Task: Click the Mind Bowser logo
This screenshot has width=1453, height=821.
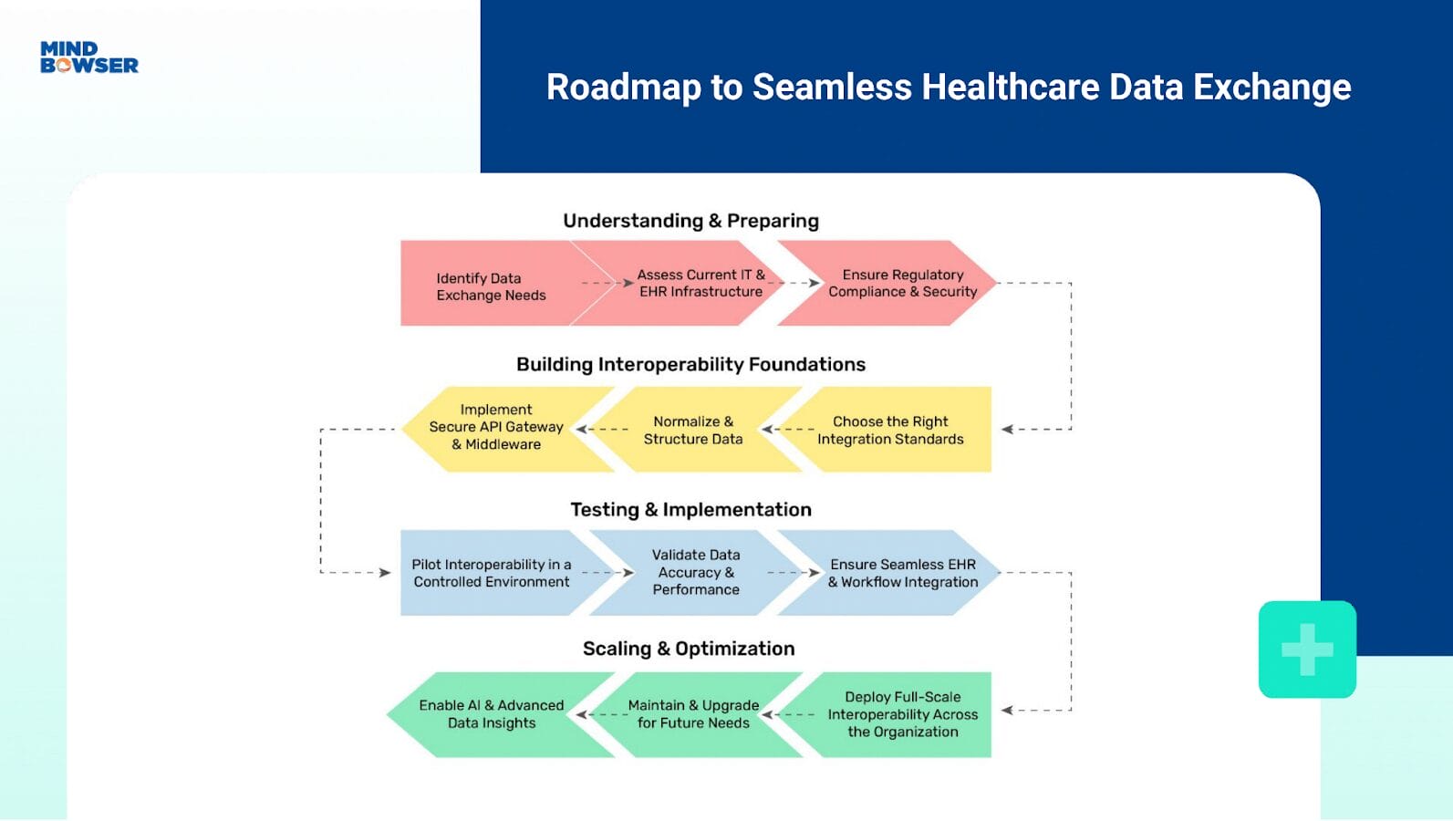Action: (x=89, y=57)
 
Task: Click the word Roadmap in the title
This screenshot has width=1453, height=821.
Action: (x=624, y=88)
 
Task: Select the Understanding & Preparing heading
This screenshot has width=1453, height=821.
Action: (x=690, y=221)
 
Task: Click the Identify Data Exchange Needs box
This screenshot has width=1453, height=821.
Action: (x=491, y=286)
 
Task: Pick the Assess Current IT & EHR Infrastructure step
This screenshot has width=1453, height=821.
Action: (x=701, y=283)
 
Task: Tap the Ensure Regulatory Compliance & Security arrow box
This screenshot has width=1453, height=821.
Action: (x=902, y=283)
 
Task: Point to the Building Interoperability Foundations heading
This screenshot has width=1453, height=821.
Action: (x=690, y=365)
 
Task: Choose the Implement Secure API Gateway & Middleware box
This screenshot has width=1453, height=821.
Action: (x=496, y=428)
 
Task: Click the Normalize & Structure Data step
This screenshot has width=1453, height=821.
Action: (x=693, y=430)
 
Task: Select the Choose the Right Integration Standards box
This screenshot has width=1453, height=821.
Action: (x=890, y=430)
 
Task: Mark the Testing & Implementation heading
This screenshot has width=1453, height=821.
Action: (x=690, y=510)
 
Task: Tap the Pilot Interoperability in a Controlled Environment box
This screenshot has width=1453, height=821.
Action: (x=491, y=573)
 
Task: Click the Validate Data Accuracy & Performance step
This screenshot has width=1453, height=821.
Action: (x=696, y=572)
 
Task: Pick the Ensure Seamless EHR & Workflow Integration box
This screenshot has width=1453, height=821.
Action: (x=902, y=573)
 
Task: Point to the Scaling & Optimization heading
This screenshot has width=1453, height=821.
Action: (x=689, y=649)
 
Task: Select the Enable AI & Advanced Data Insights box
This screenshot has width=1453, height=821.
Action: (x=491, y=714)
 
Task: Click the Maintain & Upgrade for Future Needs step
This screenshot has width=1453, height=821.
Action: (x=693, y=714)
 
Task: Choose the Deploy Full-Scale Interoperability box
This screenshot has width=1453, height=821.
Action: (x=902, y=714)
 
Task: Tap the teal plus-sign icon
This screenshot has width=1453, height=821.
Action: (x=1307, y=650)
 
